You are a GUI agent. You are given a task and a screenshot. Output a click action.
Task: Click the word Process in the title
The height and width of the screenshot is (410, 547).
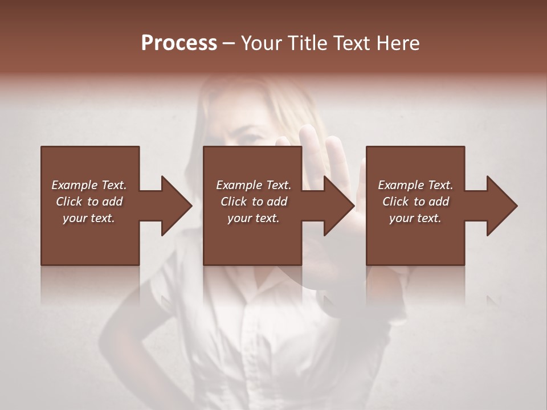pyautogui.click(x=179, y=43)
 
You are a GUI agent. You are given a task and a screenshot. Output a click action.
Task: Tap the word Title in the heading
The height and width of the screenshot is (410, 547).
pyautogui.click(x=308, y=43)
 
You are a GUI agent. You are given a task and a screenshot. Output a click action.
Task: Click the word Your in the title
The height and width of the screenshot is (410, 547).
pyautogui.click(x=262, y=43)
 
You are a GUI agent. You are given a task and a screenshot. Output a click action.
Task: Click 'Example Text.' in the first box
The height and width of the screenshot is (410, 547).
pyautogui.click(x=89, y=185)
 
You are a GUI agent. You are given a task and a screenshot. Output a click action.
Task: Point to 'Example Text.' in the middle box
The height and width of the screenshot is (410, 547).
pyautogui.click(x=254, y=185)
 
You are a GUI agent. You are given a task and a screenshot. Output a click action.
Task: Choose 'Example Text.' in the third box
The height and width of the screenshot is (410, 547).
pyautogui.click(x=415, y=185)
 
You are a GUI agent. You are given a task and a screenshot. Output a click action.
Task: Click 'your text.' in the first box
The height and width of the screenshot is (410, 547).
pyautogui.click(x=89, y=218)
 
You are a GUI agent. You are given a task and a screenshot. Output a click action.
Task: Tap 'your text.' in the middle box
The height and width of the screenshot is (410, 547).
pyautogui.click(x=254, y=218)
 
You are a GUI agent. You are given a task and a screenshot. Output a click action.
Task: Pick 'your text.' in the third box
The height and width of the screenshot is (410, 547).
pyautogui.click(x=415, y=218)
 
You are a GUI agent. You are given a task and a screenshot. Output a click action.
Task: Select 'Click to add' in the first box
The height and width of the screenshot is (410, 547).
pyautogui.click(x=89, y=202)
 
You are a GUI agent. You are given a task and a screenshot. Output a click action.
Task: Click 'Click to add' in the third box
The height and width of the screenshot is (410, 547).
pyautogui.click(x=415, y=202)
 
